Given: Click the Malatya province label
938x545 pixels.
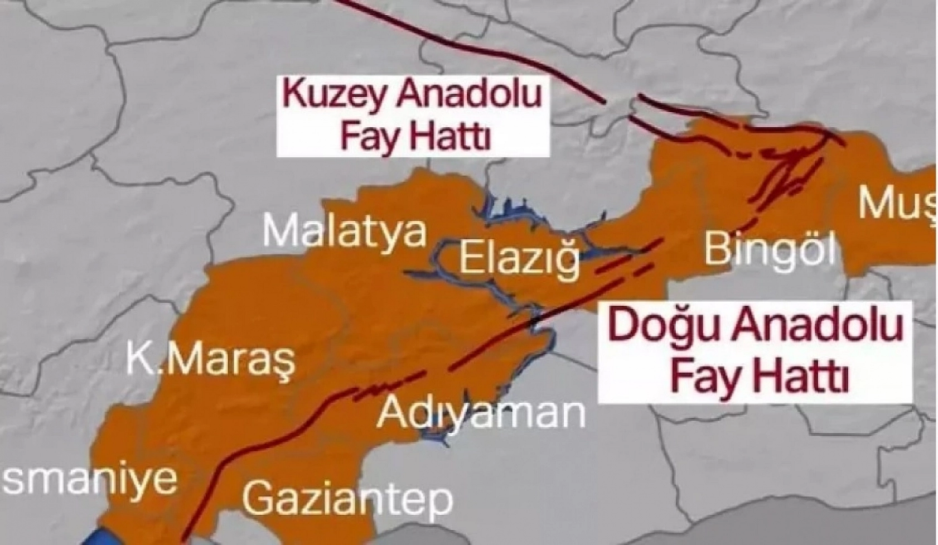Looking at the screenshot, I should click(x=345, y=231).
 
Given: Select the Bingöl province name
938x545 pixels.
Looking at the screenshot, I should click(x=770, y=249).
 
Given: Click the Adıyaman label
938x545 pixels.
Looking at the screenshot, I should click(x=481, y=413).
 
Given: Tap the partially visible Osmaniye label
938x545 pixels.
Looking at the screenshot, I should click(x=89, y=478).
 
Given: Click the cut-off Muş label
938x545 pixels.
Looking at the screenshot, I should click(x=896, y=204).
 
